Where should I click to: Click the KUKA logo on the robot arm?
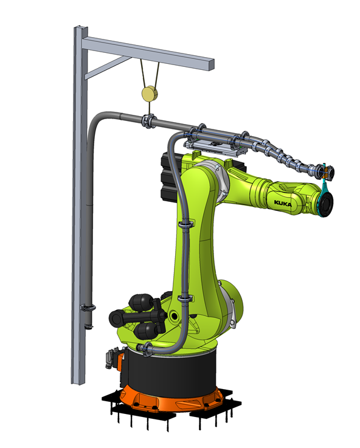[283, 204]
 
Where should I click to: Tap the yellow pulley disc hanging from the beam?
[150, 94]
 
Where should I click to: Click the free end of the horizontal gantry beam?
[211, 64]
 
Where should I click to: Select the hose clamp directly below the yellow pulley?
[148, 121]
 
